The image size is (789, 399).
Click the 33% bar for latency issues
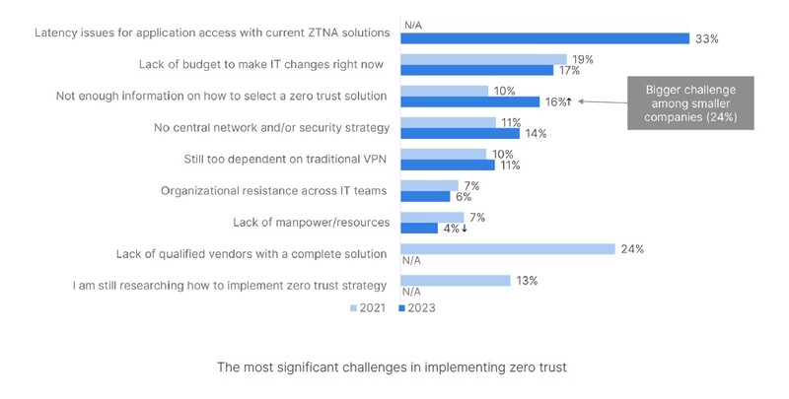click(x=544, y=38)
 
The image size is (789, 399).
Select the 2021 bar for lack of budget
click(x=483, y=59)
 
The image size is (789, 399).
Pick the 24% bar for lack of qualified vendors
click(x=508, y=249)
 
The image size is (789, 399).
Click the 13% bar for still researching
click(x=456, y=281)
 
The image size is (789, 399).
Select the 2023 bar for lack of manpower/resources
click(x=419, y=228)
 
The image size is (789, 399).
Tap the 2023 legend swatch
click(x=402, y=308)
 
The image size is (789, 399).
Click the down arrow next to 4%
click(x=464, y=228)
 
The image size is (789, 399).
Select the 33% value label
click(x=705, y=38)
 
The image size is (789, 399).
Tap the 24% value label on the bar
click(x=631, y=249)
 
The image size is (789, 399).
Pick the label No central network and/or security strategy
click(x=271, y=127)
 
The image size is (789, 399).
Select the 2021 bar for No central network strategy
click(x=448, y=122)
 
